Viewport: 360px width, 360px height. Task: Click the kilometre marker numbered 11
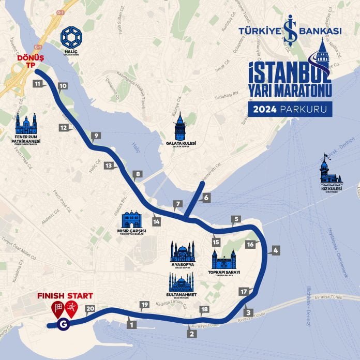coord(38,83)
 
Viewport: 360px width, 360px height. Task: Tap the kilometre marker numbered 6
coord(205,197)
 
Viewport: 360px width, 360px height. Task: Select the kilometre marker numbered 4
coord(275,250)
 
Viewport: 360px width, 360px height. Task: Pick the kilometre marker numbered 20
coord(90,309)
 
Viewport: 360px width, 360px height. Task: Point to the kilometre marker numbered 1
coord(131,325)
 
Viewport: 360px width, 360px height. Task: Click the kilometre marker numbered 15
coord(216,242)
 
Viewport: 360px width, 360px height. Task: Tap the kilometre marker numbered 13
coord(108,166)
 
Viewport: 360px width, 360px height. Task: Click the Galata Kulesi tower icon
coord(180,127)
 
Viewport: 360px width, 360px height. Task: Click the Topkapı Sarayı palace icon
coord(223,259)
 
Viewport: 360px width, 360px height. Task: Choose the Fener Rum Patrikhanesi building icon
coord(26,125)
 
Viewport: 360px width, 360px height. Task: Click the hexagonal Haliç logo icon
coord(71,37)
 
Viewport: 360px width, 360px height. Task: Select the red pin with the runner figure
coord(72,309)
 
